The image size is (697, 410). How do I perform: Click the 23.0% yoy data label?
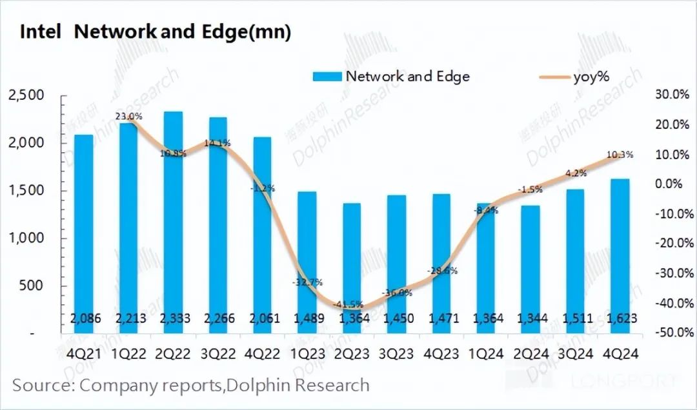129,117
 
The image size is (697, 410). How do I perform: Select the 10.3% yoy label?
620,155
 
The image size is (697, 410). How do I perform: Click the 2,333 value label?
173,318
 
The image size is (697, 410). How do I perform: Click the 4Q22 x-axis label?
263,354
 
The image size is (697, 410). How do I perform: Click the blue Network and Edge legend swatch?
327,77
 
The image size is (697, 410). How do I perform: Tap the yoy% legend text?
591,77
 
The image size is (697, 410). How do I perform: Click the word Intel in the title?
40,33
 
